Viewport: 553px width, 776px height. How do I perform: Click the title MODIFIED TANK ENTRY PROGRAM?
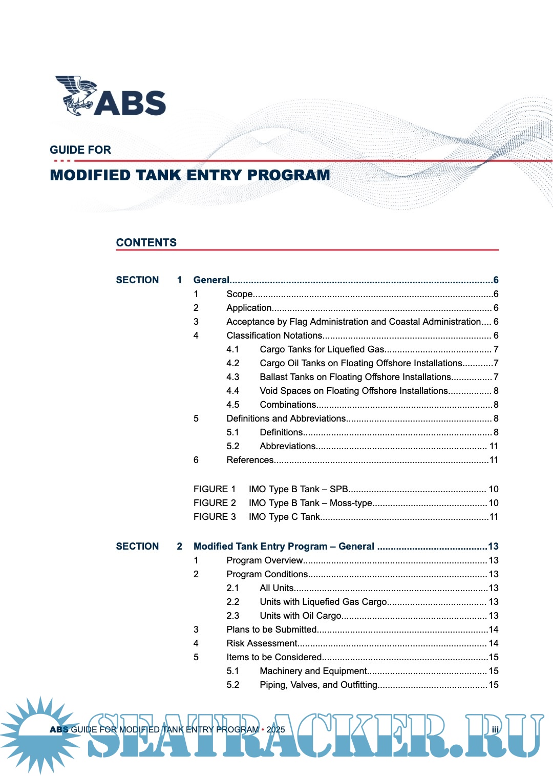[189, 175]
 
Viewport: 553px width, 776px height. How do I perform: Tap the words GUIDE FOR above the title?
[80, 150]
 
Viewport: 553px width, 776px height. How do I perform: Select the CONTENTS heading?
[146, 243]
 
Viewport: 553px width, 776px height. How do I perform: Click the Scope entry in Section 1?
[240, 294]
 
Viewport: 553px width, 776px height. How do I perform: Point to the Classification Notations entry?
[274, 335]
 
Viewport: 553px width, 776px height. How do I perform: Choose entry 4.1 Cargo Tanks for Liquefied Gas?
[322, 349]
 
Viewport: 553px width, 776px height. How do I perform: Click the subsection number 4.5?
[232, 405]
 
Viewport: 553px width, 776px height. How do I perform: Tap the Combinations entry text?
[288, 405]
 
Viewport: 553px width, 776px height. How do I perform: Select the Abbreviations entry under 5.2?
[287, 446]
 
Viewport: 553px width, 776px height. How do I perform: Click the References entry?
[250, 460]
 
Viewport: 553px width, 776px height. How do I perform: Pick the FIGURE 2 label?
[215, 503]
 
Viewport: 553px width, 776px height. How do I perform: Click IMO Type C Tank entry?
[284, 517]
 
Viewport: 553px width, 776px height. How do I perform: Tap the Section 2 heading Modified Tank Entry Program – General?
[284, 547]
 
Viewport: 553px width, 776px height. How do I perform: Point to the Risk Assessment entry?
[262, 643]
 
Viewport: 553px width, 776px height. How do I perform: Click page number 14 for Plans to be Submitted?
[494, 630]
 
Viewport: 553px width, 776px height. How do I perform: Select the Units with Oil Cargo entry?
[300, 616]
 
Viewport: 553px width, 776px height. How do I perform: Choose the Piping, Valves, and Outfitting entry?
[318, 685]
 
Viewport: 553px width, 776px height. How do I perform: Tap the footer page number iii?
[495, 730]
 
